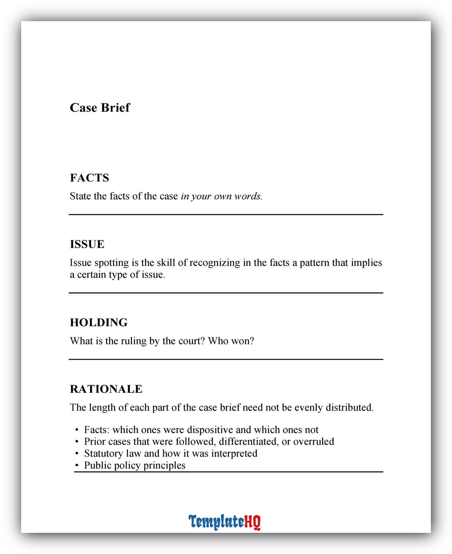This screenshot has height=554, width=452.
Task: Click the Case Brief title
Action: point(100,108)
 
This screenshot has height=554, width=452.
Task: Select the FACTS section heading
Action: point(89,178)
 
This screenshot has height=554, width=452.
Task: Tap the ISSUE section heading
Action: point(87,244)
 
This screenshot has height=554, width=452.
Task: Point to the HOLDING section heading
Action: point(99,323)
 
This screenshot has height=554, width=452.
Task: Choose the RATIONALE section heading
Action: point(106,389)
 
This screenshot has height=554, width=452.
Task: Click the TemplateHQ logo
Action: point(224,522)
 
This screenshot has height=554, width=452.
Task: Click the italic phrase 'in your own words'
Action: point(221,196)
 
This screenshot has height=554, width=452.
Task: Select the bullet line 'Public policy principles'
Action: point(135,465)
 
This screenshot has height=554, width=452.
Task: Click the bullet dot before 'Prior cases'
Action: point(77,442)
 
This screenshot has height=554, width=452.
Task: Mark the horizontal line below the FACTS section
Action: point(226,215)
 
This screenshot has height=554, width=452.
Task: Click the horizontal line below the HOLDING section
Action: point(226,360)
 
